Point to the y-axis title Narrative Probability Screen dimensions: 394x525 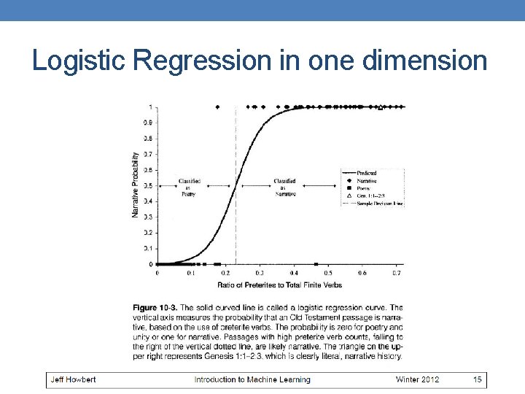136,184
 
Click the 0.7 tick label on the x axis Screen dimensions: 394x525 397,273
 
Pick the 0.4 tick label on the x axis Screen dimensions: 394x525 294,273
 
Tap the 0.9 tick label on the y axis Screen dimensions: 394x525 148,123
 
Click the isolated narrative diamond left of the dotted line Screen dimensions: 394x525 217,107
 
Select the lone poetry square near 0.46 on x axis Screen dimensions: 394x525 316,264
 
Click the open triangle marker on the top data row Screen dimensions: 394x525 380,107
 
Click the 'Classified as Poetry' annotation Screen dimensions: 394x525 189,188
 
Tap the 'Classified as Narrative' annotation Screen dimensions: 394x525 284,188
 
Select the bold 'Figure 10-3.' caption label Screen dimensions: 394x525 155,308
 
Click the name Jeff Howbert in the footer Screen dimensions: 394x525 73,379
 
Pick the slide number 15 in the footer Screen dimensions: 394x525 477,379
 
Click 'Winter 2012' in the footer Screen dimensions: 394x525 418,379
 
